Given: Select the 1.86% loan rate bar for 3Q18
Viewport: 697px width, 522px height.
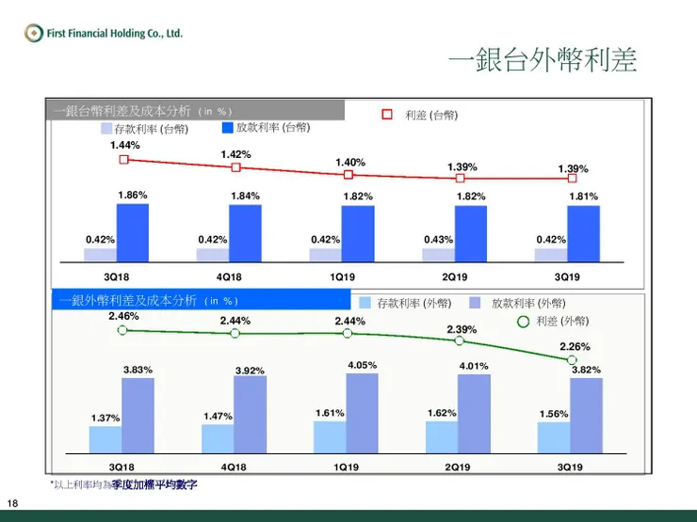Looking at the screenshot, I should [132, 232].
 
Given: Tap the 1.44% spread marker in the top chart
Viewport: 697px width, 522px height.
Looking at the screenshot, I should [123, 160].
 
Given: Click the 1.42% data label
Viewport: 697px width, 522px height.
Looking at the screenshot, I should [235, 154].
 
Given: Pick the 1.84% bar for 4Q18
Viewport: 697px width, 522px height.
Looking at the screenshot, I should [245, 232].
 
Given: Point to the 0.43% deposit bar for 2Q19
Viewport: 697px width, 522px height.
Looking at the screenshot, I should [438, 254].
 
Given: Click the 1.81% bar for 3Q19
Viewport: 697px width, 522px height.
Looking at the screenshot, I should [584, 232].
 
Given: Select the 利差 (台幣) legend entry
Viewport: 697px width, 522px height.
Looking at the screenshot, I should [420, 115].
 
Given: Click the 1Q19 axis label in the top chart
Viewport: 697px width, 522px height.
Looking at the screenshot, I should [341, 277].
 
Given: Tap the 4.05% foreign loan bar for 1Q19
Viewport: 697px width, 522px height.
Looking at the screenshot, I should [362, 412].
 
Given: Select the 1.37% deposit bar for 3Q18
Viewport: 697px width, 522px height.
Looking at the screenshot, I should [105, 439].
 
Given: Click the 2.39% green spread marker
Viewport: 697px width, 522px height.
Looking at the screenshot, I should [460, 341].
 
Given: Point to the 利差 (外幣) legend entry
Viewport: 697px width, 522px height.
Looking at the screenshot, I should [555, 321].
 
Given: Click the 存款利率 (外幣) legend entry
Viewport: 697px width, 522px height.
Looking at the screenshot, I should [405, 303].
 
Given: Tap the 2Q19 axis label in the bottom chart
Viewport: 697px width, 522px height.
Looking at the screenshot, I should [457, 467].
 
